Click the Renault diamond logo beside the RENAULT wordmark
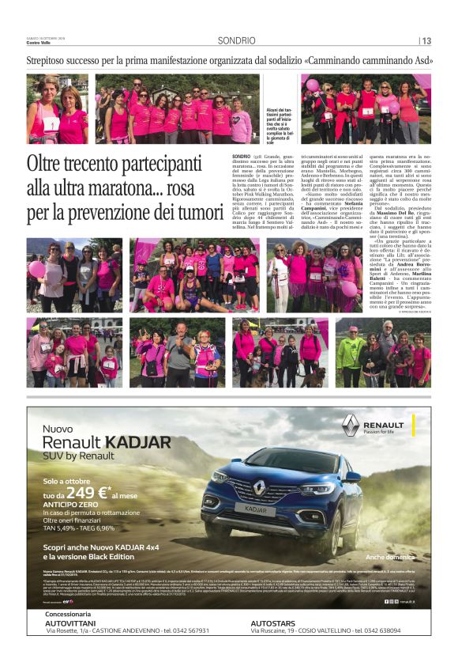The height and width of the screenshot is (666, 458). (351, 425)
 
